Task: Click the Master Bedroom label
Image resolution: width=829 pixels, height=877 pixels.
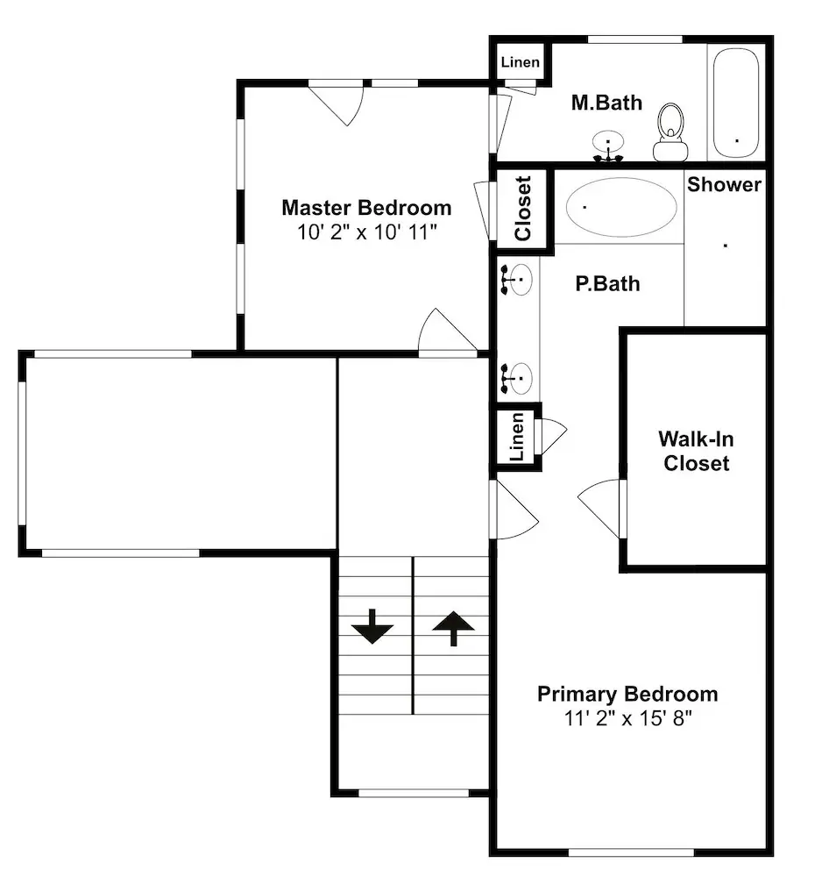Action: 366,208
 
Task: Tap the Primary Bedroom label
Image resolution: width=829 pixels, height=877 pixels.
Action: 627,694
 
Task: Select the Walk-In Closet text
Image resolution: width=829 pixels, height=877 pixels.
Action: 696,451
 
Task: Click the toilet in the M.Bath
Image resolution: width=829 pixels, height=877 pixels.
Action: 670,132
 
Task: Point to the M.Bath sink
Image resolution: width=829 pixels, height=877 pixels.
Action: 608,146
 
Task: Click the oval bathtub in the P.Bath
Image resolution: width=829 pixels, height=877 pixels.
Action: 621,206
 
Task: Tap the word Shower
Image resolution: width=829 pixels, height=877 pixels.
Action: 724,184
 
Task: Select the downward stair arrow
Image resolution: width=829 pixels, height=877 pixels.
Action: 372,626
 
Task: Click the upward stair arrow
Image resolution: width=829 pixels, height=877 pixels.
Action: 453,628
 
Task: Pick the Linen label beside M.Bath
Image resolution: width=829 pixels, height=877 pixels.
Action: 520,61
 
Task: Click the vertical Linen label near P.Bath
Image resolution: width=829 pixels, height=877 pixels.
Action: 518,437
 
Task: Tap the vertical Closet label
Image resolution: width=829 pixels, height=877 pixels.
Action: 522,209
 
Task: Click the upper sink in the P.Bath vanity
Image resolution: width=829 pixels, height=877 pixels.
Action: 516,279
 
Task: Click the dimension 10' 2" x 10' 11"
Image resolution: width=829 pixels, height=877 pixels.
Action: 366,232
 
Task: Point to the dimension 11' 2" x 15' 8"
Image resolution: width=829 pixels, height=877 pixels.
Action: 627,717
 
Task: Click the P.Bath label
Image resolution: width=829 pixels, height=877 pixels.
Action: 607,283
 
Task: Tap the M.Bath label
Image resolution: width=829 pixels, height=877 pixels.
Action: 606,103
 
